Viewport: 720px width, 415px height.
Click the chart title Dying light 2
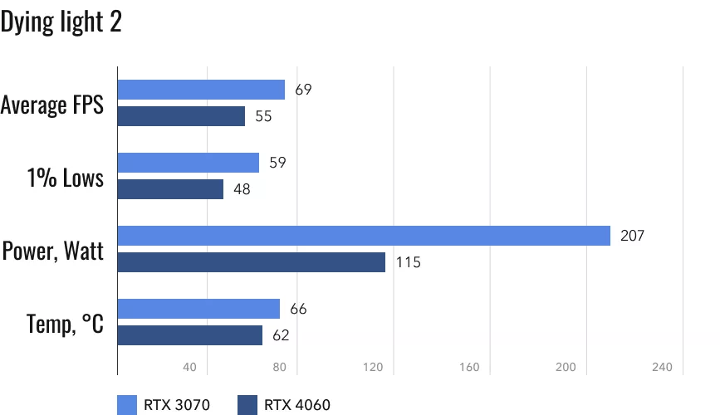(x=61, y=22)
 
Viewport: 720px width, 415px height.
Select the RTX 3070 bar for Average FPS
(x=201, y=90)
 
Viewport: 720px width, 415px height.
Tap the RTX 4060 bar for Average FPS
(x=181, y=116)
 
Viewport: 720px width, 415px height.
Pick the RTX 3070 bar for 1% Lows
(x=189, y=163)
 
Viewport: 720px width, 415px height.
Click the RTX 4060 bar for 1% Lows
(x=170, y=189)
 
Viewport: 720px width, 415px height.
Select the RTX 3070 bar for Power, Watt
(x=364, y=236)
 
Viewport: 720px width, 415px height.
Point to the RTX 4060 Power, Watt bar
(x=252, y=262)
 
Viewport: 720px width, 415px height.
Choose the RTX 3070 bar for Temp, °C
(x=198, y=309)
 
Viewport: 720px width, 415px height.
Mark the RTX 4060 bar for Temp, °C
(x=190, y=335)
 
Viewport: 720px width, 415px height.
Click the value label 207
(x=633, y=236)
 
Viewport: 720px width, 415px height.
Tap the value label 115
(x=409, y=263)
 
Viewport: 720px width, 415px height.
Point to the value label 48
(x=242, y=190)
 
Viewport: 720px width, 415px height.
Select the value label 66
(x=299, y=309)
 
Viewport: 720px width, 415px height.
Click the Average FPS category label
(x=52, y=105)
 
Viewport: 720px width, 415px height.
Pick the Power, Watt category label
(x=53, y=251)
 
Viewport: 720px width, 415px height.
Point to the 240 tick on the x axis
(x=662, y=368)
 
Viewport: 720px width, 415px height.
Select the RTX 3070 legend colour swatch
(x=127, y=404)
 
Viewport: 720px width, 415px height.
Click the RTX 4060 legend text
(x=297, y=405)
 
